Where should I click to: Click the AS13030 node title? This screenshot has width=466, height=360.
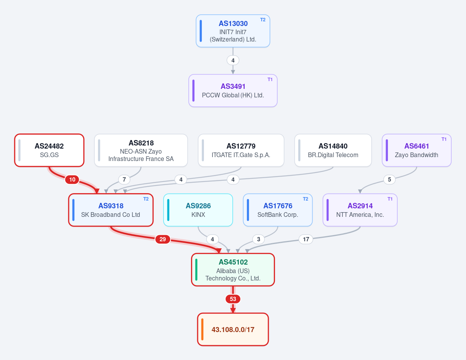click(233, 23)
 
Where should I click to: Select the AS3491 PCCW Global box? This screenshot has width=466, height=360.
click(233, 91)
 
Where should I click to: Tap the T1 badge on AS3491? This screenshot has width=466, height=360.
click(270, 80)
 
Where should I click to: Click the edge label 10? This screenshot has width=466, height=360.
click(72, 180)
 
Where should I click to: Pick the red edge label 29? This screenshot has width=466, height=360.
click(163, 239)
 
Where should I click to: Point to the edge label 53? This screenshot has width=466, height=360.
click(233, 299)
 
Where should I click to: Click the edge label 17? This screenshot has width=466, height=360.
click(306, 239)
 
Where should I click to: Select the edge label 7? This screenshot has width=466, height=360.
click(124, 180)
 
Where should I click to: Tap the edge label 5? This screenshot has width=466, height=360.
click(389, 180)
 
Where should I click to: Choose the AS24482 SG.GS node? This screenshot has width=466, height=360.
click(49, 151)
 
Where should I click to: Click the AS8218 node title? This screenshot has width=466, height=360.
click(141, 143)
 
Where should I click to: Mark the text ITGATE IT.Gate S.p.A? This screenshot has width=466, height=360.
click(241, 155)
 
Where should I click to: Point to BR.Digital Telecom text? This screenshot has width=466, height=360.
click(333, 155)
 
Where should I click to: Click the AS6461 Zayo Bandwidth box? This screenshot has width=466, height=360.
click(417, 151)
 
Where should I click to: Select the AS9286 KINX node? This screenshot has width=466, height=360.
click(198, 210)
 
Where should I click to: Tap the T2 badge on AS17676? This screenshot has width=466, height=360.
click(306, 199)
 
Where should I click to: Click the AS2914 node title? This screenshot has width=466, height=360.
click(360, 206)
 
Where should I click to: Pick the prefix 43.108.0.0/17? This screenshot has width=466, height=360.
click(233, 330)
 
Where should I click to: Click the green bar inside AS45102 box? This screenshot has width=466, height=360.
click(196, 270)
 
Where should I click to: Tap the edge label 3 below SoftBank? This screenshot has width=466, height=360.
click(258, 239)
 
